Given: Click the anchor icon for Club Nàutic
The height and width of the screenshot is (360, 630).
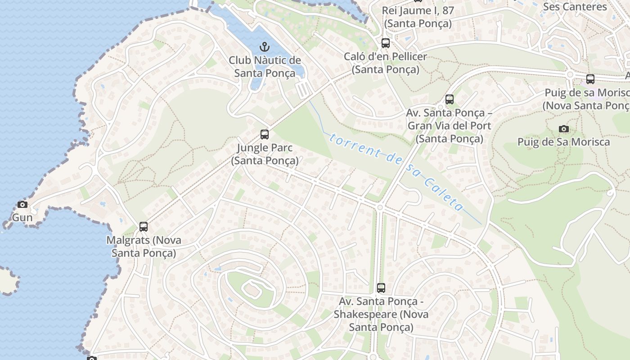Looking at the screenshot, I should pyautogui.click(x=265, y=47).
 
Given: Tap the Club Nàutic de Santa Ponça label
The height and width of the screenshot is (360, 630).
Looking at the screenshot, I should pyautogui.click(x=265, y=66).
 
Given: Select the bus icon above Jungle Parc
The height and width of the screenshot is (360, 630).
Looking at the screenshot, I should pyautogui.click(x=265, y=134).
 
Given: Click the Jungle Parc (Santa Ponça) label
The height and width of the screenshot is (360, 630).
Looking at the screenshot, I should pyautogui.click(x=265, y=154).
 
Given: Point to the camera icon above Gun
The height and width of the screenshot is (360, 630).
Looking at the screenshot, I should pyautogui.click(x=22, y=205).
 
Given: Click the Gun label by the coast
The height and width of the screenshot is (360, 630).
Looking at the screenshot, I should pyautogui.click(x=22, y=218).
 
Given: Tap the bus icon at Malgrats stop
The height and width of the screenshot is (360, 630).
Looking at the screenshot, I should pyautogui.click(x=144, y=227).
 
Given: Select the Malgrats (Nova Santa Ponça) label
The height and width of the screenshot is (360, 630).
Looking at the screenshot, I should pyautogui.click(x=144, y=246).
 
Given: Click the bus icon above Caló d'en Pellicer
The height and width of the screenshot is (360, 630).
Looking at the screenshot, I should pyautogui.click(x=386, y=43).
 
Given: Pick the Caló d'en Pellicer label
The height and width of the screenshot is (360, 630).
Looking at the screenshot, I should pyautogui.click(x=386, y=63).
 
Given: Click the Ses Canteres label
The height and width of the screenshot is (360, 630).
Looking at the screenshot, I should pyautogui.click(x=575, y=7).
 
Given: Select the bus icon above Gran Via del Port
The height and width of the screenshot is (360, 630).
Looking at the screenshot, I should pyautogui.click(x=449, y=99).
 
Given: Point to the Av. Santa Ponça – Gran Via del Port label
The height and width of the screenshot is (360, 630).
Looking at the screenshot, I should pyautogui.click(x=449, y=126).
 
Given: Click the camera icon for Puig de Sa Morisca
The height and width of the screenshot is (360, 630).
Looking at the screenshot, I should pyautogui.click(x=563, y=129).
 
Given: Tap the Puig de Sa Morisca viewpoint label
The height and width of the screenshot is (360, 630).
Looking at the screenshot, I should pyautogui.click(x=563, y=142).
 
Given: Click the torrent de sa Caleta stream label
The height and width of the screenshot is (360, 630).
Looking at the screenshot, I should pyautogui.click(x=396, y=170).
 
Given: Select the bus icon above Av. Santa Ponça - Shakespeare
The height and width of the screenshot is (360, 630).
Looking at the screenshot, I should pyautogui.click(x=381, y=288).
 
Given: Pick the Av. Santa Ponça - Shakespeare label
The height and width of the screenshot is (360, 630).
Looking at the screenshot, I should pyautogui.click(x=381, y=314).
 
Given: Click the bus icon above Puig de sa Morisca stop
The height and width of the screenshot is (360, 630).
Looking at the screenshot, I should pyautogui.click(x=590, y=79).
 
